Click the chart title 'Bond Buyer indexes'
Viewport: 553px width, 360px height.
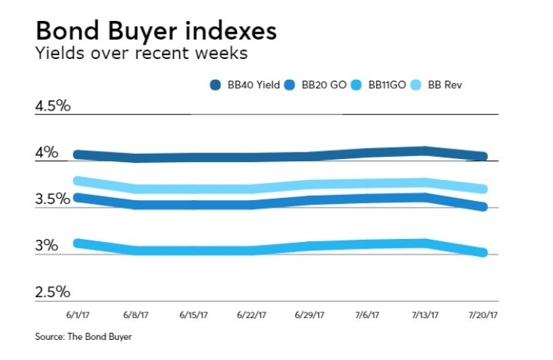pyautogui.click(x=155, y=32)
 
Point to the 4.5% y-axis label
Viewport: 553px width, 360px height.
pyautogui.click(x=52, y=105)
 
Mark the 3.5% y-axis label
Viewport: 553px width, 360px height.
pyautogui.click(x=52, y=199)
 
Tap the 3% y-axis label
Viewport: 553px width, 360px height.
pyautogui.click(x=46, y=246)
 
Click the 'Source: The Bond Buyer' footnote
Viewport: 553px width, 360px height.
pyautogui.click(x=83, y=338)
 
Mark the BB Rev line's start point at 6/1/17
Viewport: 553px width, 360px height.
pyautogui.click(x=78, y=180)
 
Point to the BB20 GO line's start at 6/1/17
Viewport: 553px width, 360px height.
pyautogui.click(x=78, y=197)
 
